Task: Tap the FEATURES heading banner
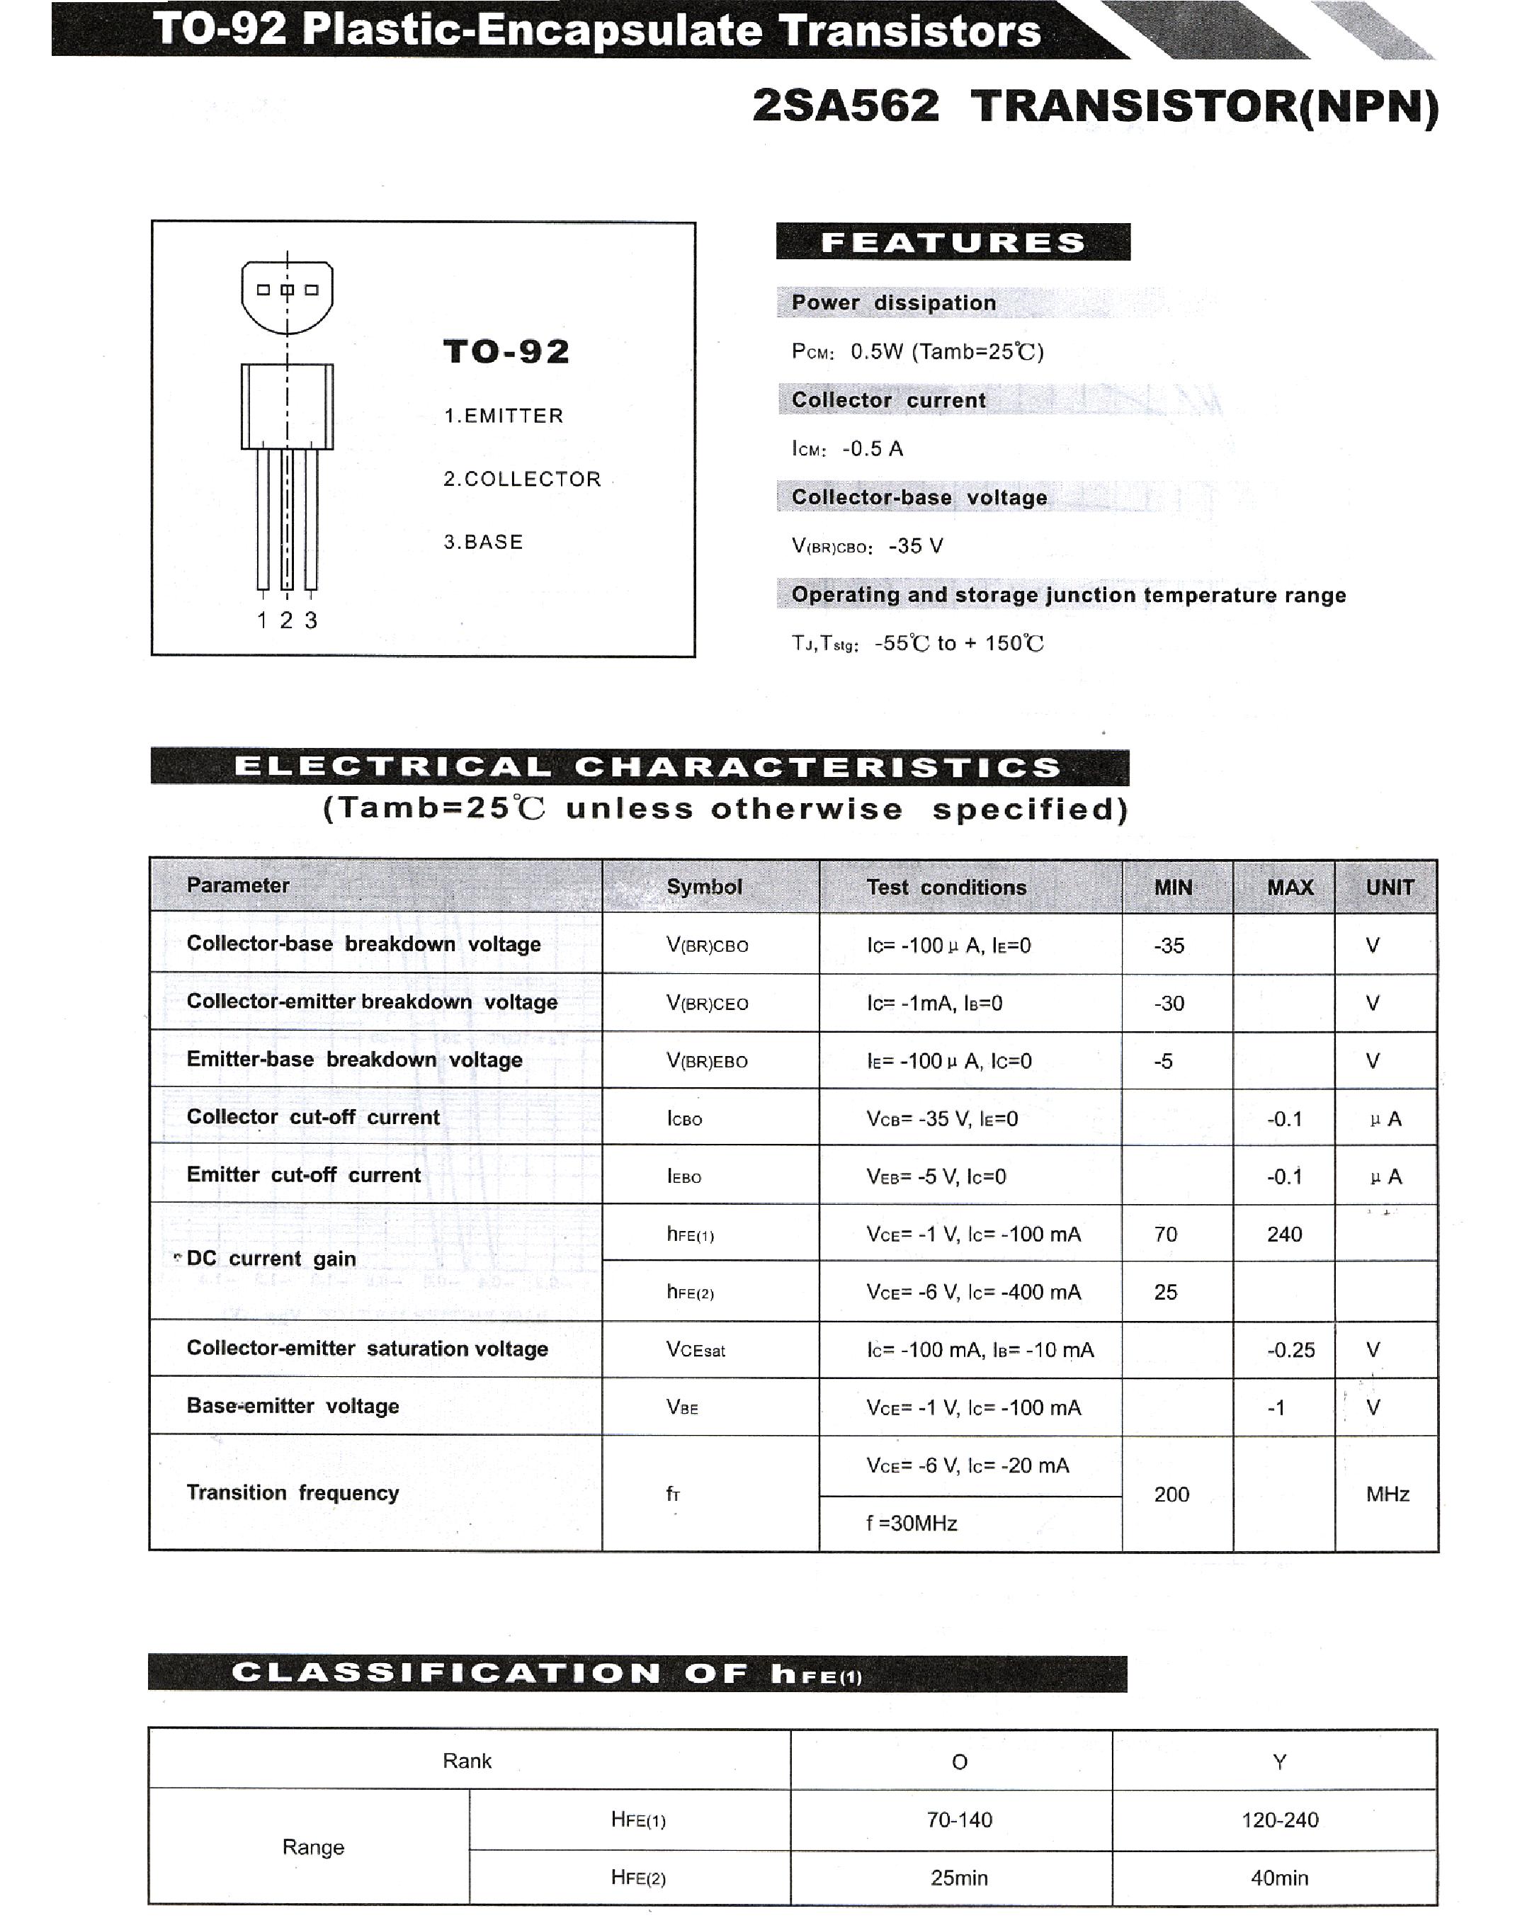pos(953,242)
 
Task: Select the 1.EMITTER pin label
pos(503,416)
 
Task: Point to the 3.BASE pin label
pos(484,542)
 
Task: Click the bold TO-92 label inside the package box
pos(506,352)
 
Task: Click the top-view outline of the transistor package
pos(288,296)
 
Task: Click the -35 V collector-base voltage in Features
pos(915,545)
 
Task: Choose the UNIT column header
pos(1389,887)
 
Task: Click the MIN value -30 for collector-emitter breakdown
pos(1169,1003)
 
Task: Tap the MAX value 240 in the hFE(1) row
pos(1284,1234)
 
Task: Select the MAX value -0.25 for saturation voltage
pos(1290,1350)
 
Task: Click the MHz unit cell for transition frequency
pos(1388,1494)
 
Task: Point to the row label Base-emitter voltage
pos(293,1406)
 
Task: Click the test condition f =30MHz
pos(912,1524)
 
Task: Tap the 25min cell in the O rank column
pos(959,1878)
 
